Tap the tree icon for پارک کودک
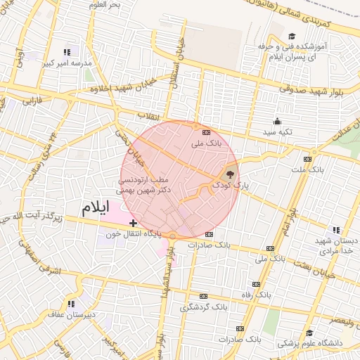point(229,174)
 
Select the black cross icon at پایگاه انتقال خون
point(133,223)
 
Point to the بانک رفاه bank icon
point(256,284)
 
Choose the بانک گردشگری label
point(203,307)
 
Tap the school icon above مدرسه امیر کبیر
point(67,52)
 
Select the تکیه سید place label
point(276,131)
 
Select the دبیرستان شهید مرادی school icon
point(335,230)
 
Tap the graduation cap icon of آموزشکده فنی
point(292,37)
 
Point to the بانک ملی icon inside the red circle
point(206,132)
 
